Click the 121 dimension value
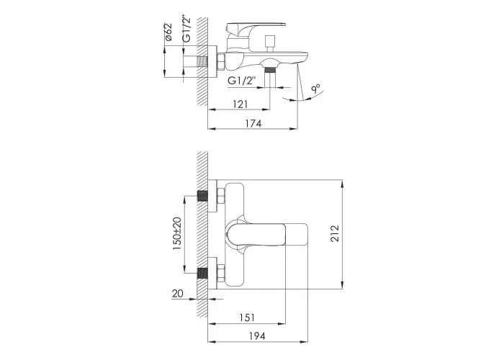(240, 104)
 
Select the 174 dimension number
(253, 123)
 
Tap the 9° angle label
(315, 89)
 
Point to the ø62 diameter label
(168, 32)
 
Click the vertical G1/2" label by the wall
(186, 28)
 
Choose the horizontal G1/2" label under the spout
(242, 81)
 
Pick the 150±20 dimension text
(177, 234)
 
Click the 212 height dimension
(335, 234)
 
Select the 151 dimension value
(247, 318)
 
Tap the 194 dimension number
(258, 336)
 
